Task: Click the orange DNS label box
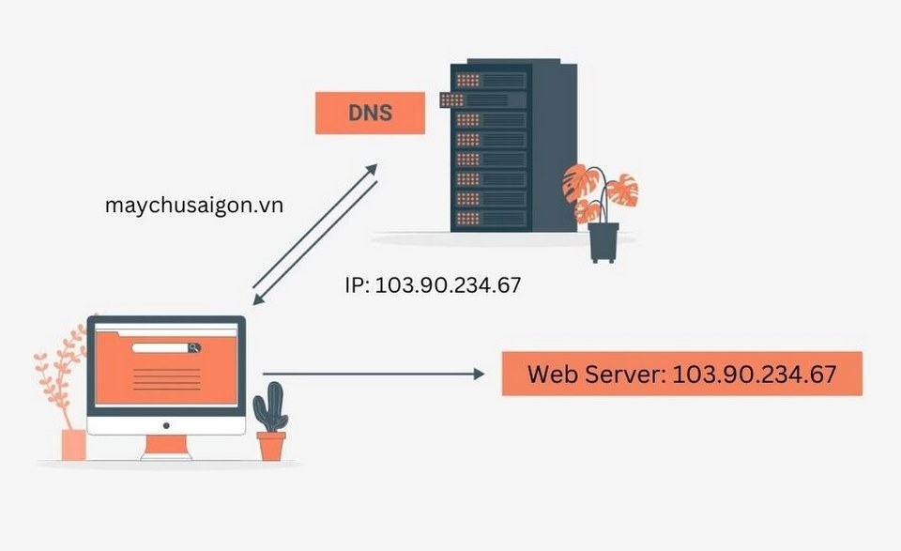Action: (x=369, y=114)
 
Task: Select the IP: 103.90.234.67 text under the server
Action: (x=433, y=285)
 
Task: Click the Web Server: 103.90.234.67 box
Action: (x=681, y=374)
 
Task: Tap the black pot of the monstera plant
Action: (x=603, y=242)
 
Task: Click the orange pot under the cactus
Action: (x=271, y=446)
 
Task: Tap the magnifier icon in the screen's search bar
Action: (x=194, y=347)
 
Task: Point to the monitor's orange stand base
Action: (x=166, y=454)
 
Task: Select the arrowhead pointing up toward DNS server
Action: (x=371, y=169)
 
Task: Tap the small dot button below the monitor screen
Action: (x=166, y=424)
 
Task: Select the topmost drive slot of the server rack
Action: (x=489, y=80)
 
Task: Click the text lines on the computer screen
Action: (x=166, y=379)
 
